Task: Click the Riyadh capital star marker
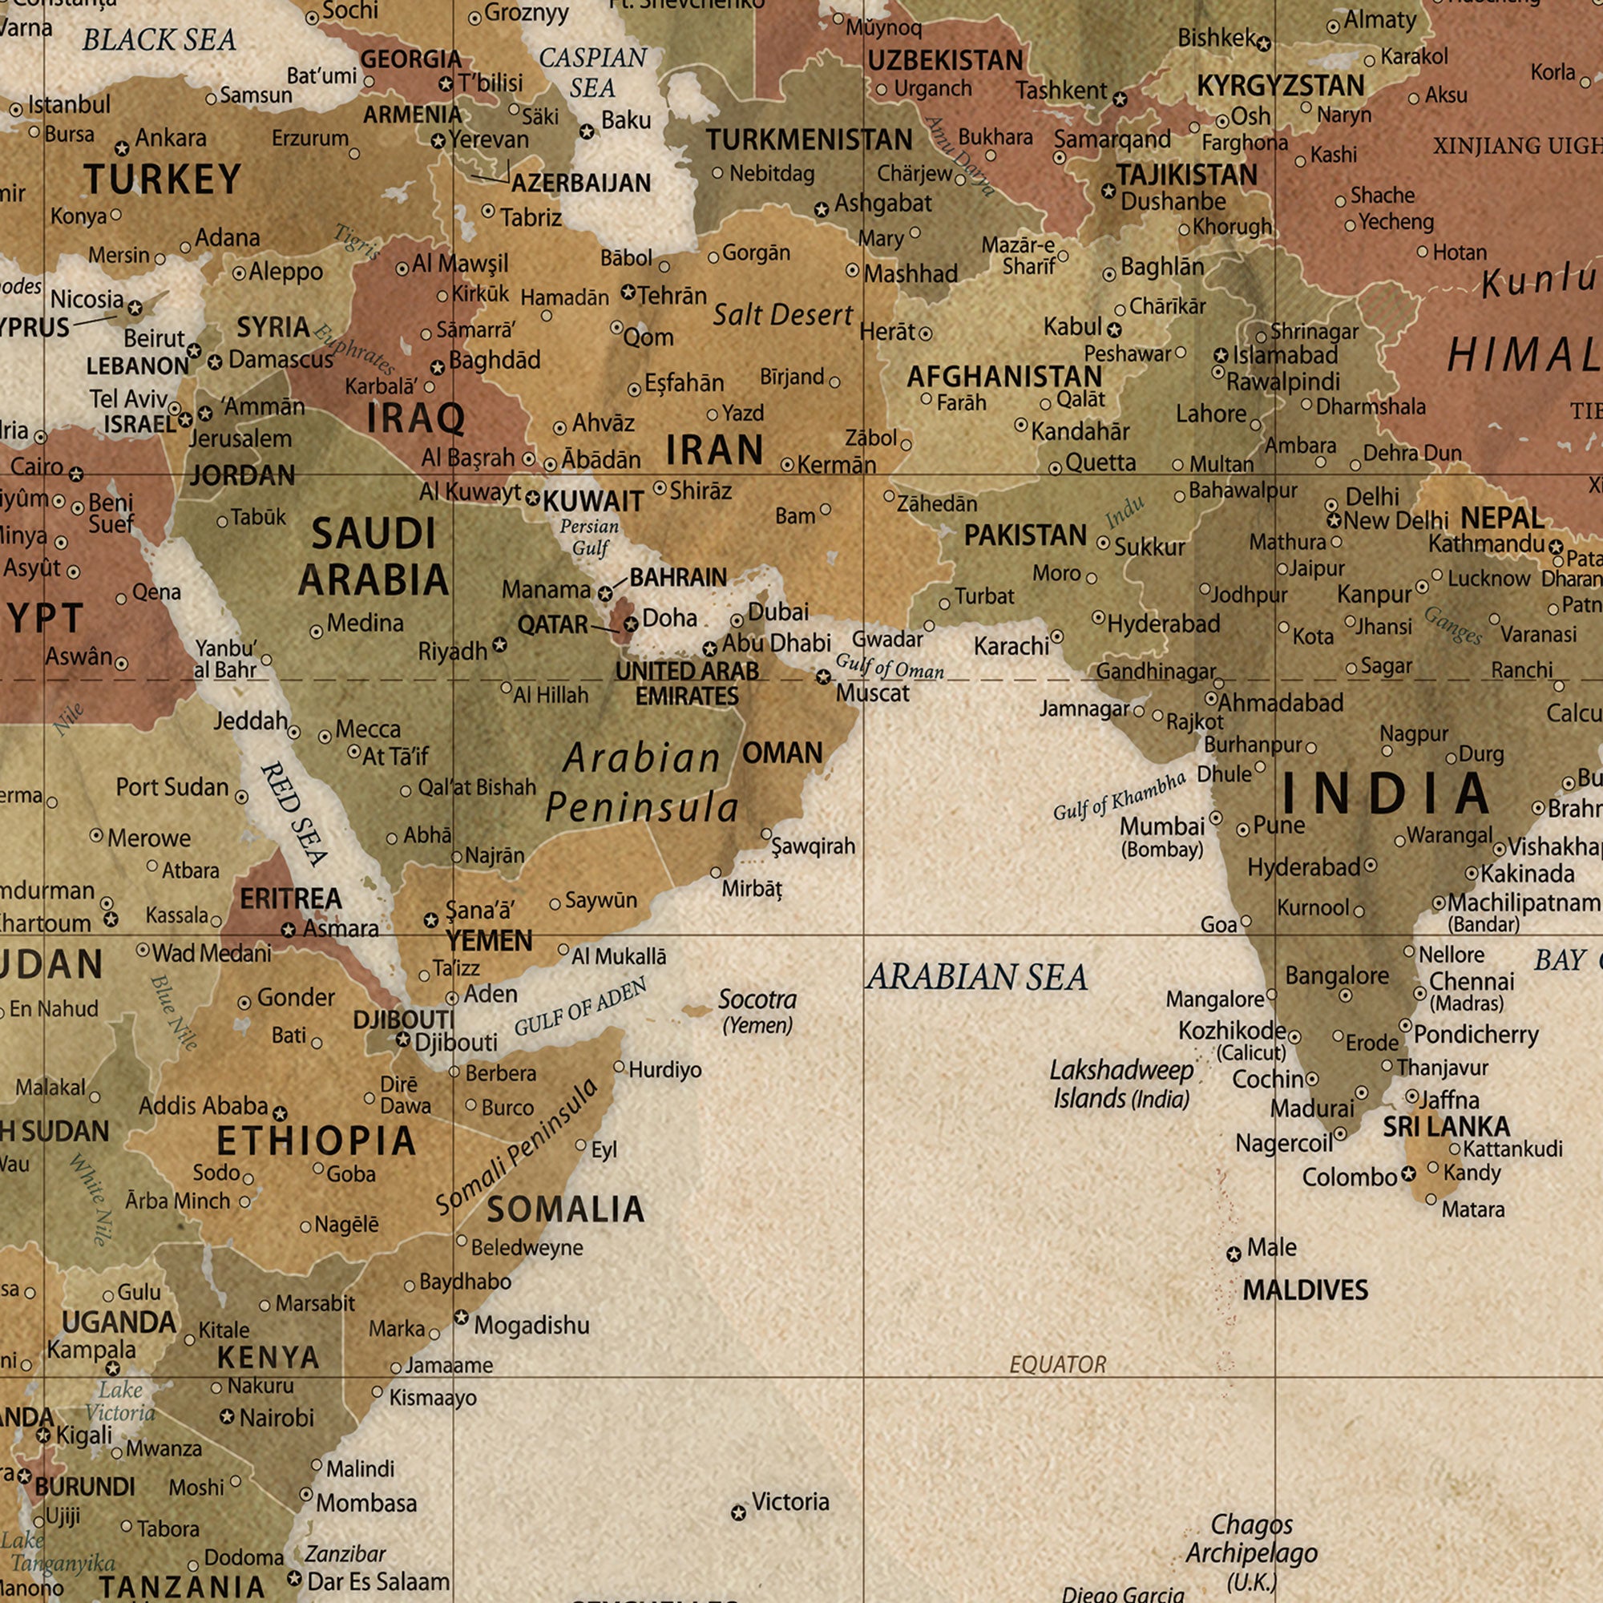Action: pos(499,644)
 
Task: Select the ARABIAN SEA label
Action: pos(976,977)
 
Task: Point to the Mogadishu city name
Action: pos(531,1325)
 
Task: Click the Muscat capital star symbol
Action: pos(822,677)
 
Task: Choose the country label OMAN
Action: pos(781,753)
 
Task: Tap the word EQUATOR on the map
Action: pos(1057,1364)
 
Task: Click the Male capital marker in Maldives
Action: pos(1234,1254)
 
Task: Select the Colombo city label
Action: pos(1349,1177)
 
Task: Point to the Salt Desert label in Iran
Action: pos(782,315)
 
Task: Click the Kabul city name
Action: pos(1072,327)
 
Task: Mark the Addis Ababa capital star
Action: pos(281,1113)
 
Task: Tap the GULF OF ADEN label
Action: pos(580,1007)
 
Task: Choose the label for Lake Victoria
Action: pos(121,1401)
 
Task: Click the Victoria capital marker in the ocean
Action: pos(738,1513)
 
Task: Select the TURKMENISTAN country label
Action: pos(808,140)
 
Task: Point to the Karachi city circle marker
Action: pos(1057,637)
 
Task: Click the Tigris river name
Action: pos(357,242)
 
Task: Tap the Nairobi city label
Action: pos(277,1418)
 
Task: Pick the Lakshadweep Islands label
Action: pos(1121,1084)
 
